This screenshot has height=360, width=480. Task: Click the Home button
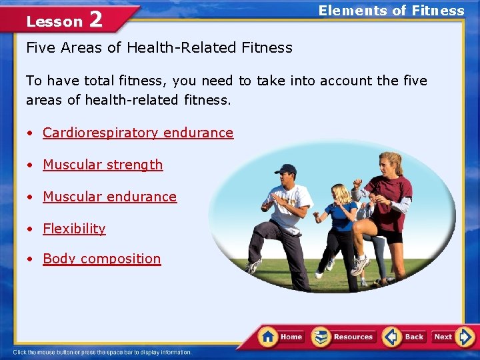pos(281,337)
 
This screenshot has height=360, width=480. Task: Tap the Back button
pos(405,337)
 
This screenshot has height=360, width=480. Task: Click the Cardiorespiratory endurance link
pos(138,133)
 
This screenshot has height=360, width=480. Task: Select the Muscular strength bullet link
pos(103,165)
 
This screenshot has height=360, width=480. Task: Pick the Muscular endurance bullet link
pos(109,197)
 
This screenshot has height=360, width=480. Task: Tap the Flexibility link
pos(74,229)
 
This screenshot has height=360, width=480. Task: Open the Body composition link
pos(101,259)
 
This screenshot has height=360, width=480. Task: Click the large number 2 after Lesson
pos(96,20)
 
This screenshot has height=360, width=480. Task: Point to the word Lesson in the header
pos(54,21)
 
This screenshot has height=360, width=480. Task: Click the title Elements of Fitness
pos(391,11)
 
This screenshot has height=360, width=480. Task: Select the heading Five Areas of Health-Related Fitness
pos(159,47)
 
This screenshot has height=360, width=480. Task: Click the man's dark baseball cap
pos(285,169)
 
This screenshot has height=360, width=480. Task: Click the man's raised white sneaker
pos(253,266)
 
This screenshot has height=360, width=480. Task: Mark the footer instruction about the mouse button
pos(102,352)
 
